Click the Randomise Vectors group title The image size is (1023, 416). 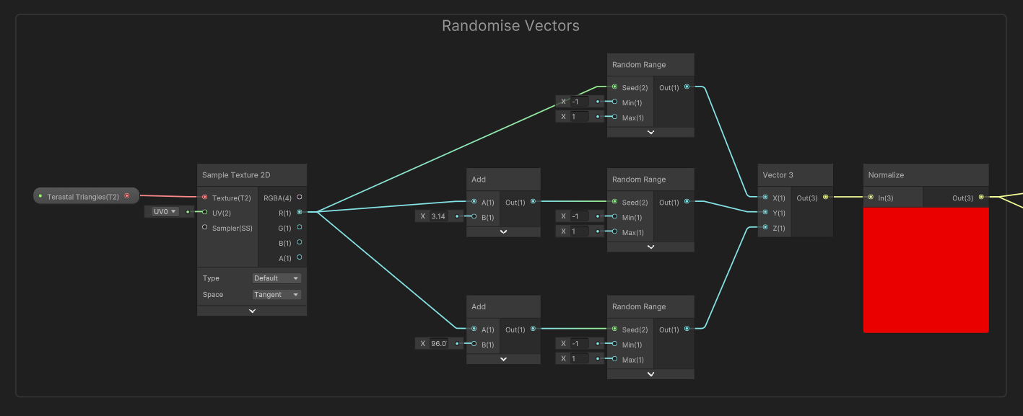pos(510,26)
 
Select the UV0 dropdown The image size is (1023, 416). pos(165,212)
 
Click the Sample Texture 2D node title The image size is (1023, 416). pos(236,175)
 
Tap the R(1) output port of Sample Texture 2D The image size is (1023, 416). pos(300,212)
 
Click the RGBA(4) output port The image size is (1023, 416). pos(300,197)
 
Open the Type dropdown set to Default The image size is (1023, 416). pos(277,278)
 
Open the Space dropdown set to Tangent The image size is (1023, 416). pos(277,295)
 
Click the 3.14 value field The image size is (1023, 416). pos(439,216)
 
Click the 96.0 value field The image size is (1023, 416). pos(439,344)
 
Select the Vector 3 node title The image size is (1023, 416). pos(778,175)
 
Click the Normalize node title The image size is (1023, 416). pos(886,175)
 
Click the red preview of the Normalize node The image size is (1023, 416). pos(926,270)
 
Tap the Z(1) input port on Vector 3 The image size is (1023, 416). pos(765,228)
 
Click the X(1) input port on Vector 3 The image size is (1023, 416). pos(765,197)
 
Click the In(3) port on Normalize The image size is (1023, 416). pos(871,197)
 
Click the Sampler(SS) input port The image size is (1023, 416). pos(205,228)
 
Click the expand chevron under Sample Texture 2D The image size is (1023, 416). pos(252,311)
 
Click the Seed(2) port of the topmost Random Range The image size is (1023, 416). pos(614,87)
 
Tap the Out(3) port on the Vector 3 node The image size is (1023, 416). pos(826,197)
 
